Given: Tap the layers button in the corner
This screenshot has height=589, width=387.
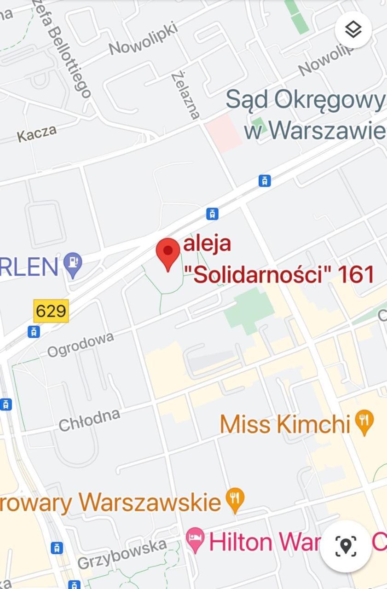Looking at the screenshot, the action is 353,30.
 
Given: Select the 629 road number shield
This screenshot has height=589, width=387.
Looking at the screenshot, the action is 51,311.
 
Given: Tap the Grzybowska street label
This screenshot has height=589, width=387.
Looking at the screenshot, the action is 122,554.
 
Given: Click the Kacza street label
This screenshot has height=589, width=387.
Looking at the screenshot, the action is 37,133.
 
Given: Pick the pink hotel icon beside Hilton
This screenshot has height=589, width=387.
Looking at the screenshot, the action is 196,540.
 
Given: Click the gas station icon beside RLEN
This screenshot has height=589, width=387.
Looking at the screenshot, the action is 73,265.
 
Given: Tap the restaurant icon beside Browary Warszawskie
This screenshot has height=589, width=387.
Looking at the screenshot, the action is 235,500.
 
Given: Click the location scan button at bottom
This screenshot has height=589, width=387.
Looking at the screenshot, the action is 346,546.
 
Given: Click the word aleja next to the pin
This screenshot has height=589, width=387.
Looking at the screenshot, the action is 207,243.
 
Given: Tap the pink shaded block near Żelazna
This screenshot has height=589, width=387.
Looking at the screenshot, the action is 224,133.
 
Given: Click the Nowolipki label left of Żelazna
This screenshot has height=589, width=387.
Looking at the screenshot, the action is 143,39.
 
